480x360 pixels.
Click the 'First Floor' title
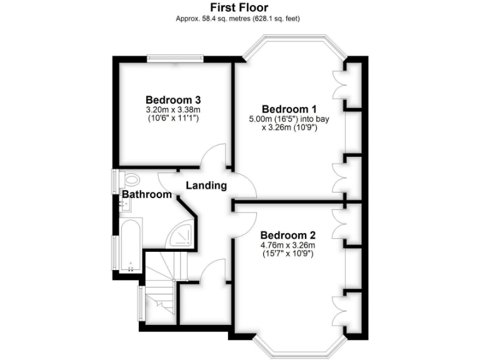pos(239,7)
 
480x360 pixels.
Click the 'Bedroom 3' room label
pos(173,99)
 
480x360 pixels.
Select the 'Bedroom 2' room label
pos(289,236)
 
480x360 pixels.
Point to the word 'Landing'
pos(206,186)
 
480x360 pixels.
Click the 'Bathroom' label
pos(147,195)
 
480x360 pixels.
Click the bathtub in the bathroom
pos(129,244)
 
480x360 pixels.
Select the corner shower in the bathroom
pos(182,234)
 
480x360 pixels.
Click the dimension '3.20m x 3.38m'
pos(173,109)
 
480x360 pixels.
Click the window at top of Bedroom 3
pos(175,59)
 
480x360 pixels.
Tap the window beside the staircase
pos(140,302)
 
